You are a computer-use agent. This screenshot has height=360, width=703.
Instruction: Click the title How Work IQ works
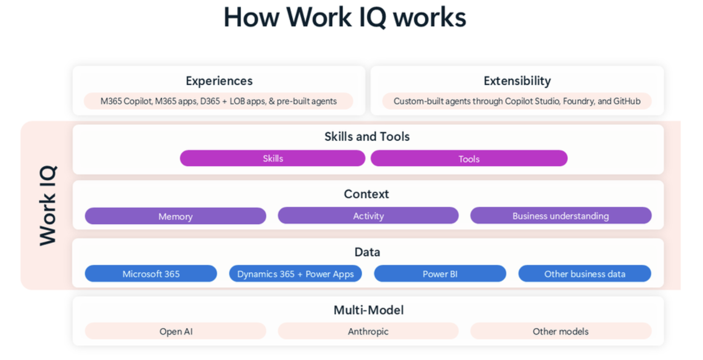coord(345,18)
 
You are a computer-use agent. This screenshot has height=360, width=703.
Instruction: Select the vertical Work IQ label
coord(48,205)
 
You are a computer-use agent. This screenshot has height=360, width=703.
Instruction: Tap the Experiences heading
coord(219,81)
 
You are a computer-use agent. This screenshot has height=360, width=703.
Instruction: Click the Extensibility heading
coord(517,81)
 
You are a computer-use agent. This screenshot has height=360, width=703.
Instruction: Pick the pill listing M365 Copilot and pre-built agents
coord(219,101)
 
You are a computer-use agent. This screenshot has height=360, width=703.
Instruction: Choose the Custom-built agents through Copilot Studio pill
coord(517,101)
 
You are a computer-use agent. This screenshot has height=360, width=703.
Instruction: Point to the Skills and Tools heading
coord(367,137)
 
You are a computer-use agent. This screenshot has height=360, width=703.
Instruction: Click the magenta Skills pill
coord(273,159)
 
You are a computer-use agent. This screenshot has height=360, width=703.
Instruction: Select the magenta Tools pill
coord(469,159)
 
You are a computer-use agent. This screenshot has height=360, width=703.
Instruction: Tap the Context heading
coord(366,194)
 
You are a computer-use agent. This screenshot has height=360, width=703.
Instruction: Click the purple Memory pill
coord(175,216)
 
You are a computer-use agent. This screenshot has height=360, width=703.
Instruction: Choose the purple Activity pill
coord(368,216)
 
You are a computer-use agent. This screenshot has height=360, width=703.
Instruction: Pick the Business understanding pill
coord(561,216)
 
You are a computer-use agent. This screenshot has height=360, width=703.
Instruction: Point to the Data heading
coord(367,252)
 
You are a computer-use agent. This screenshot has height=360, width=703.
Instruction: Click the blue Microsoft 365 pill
coord(151,274)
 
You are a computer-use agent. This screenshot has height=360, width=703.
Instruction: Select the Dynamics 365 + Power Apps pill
coord(295,274)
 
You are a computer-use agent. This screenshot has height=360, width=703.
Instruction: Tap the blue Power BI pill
coord(440,274)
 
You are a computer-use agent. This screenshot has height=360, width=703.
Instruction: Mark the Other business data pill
coord(584,274)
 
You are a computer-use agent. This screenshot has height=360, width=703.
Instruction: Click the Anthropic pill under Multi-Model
coord(368,332)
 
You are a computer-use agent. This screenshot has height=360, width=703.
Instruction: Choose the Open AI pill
coord(175,332)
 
